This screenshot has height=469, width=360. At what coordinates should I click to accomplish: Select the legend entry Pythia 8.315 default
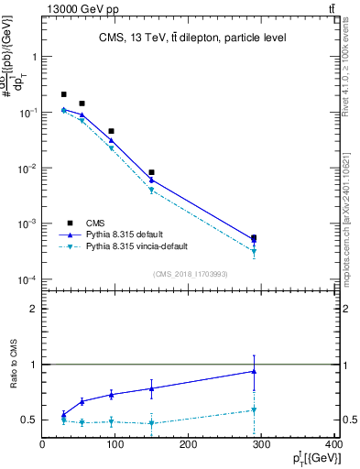tap(125, 234)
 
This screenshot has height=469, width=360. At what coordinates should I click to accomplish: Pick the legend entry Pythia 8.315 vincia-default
tap(136, 246)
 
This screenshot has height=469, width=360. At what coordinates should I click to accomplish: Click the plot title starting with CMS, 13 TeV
tap(192, 38)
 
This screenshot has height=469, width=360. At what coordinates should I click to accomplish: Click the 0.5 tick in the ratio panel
tap(30, 420)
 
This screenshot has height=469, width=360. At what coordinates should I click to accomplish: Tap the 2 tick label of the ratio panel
tap(35, 309)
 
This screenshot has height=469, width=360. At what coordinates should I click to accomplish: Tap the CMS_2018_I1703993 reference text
tap(192, 274)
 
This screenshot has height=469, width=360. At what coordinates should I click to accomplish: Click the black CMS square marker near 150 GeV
tap(152, 172)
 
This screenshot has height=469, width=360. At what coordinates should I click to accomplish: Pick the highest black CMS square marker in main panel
tap(63, 94)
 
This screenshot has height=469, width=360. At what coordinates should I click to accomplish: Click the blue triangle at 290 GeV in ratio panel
tap(254, 371)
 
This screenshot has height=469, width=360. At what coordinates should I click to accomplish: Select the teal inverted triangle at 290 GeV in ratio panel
tap(254, 410)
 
